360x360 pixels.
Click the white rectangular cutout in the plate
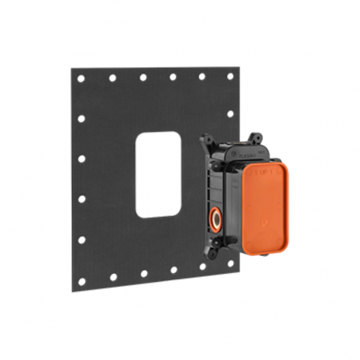tap(158, 174)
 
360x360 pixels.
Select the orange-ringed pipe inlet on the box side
tap(215, 219)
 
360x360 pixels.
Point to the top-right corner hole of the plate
tap(230, 76)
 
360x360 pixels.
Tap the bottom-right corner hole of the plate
tap(231, 263)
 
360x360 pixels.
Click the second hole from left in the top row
tap(113, 78)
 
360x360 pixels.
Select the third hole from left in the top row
tap(143, 77)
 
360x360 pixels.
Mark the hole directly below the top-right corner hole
tap(230, 114)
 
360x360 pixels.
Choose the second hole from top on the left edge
tap(82, 119)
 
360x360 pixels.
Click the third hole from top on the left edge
tap(82, 159)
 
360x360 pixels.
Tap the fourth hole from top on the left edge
tap(82, 199)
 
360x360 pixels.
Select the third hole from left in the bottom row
tap(144, 273)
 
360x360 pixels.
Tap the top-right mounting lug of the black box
tap(255, 139)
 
